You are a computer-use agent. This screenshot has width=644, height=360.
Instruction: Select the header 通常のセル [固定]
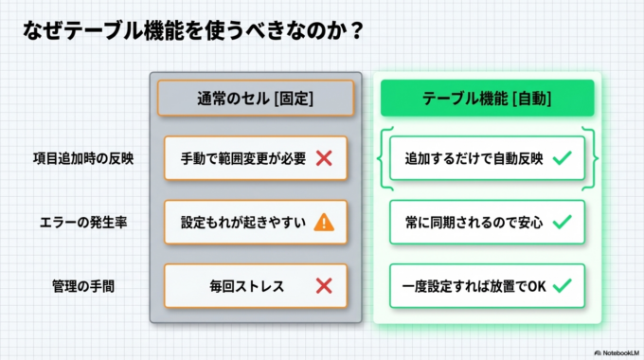pos(255,98)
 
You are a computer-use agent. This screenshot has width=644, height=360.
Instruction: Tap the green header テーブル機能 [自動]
pos(487,98)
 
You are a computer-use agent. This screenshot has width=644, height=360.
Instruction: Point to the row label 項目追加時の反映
pos(82,158)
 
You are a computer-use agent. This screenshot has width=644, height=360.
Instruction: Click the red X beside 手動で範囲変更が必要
pos(323,158)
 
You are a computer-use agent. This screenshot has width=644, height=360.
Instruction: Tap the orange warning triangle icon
pos(323,222)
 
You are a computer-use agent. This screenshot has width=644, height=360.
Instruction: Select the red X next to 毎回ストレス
pos(323,284)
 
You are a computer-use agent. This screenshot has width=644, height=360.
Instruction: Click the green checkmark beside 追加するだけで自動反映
pos(562,158)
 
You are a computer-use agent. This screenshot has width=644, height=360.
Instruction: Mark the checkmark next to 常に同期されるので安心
pos(562,222)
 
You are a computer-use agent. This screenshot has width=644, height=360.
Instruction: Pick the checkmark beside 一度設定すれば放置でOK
pos(562,284)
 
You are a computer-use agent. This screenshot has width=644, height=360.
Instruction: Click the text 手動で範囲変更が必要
pos(243,158)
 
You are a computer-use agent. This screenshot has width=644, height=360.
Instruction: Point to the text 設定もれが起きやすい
pos(243,222)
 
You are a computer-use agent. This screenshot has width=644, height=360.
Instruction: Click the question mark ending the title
pos(355,31)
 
